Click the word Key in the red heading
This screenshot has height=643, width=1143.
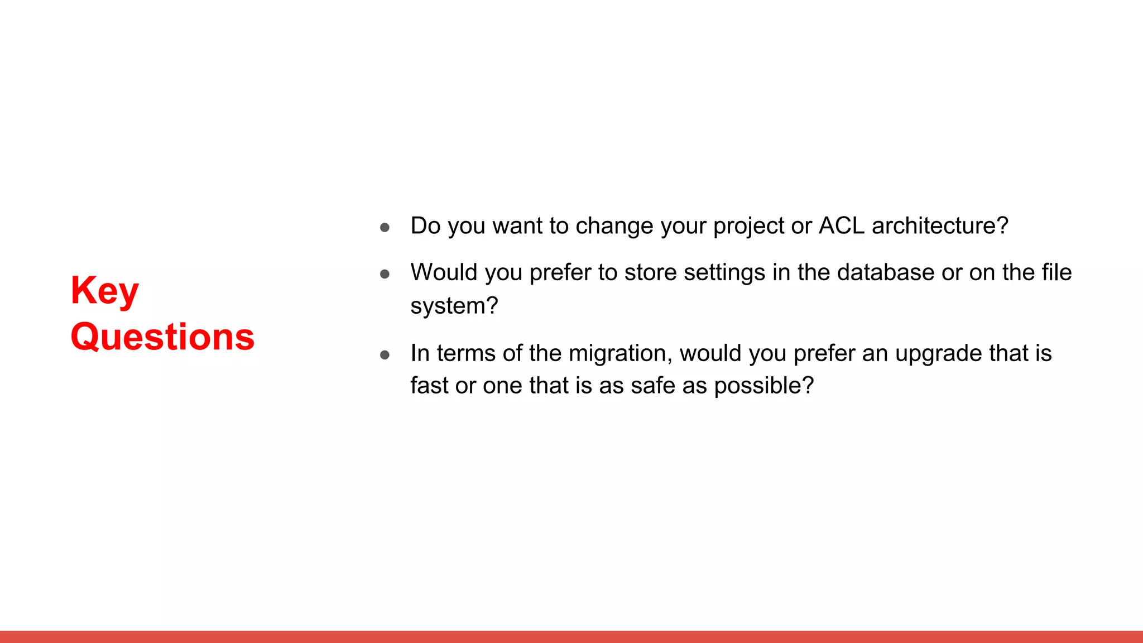tap(104, 291)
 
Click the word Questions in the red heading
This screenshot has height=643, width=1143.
tap(162, 337)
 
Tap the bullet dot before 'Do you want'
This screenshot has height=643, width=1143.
tap(385, 227)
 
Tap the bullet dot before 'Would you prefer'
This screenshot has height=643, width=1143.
tap(385, 273)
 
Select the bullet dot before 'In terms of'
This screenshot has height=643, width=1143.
tap(385, 354)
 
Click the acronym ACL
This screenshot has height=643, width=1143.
tap(841, 225)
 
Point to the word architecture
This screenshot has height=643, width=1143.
tap(939, 225)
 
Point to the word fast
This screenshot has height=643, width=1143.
tap(429, 386)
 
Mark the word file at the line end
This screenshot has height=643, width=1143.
tap(1056, 272)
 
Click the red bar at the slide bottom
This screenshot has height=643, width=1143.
tap(571, 636)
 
